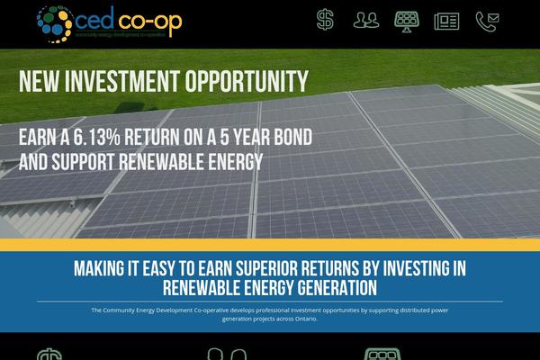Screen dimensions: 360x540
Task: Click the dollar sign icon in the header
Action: click(326, 19)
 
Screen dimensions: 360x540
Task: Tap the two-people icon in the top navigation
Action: click(366, 19)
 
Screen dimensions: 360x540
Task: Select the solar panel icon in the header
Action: click(406, 19)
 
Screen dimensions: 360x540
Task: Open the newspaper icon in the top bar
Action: click(446, 19)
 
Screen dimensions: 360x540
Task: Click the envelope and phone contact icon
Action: click(487, 19)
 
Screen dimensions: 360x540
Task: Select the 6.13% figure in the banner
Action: click(112, 139)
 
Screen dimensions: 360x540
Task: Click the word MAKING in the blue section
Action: click(100, 269)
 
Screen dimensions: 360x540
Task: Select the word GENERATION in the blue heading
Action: click(328, 288)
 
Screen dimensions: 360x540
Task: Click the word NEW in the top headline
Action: click(39, 82)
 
